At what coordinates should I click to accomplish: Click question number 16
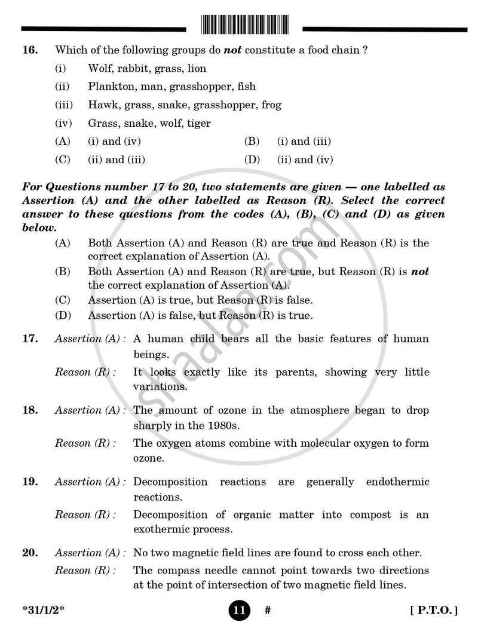pyautogui.click(x=30, y=50)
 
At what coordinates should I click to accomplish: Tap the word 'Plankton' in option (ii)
pyautogui.click(x=108, y=87)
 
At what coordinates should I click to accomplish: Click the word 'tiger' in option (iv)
pyautogui.click(x=198, y=123)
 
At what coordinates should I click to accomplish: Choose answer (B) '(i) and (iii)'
pyautogui.click(x=304, y=142)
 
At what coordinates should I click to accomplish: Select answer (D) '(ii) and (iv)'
pyautogui.click(x=305, y=160)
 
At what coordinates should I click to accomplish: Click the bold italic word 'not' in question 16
pyautogui.click(x=232, y=50)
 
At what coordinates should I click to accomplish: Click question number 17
pyautogui.click(x=30, y=339)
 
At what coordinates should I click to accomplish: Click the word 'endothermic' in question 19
pyautogui.click(x=397, y=482)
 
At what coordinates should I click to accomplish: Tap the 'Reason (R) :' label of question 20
pyautogui.click(x=85, y=571)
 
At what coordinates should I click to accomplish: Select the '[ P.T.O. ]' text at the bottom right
pyautogui.click(x=434, y=611)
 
